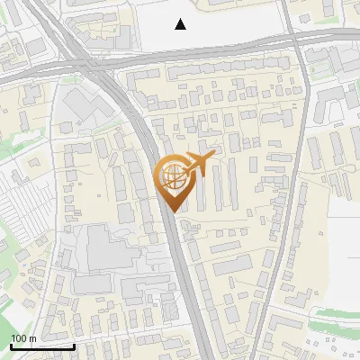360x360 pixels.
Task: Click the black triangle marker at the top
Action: tap(181, 24)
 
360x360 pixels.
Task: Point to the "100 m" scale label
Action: tap(23, 338)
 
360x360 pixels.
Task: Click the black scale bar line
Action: tap(41, 346)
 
